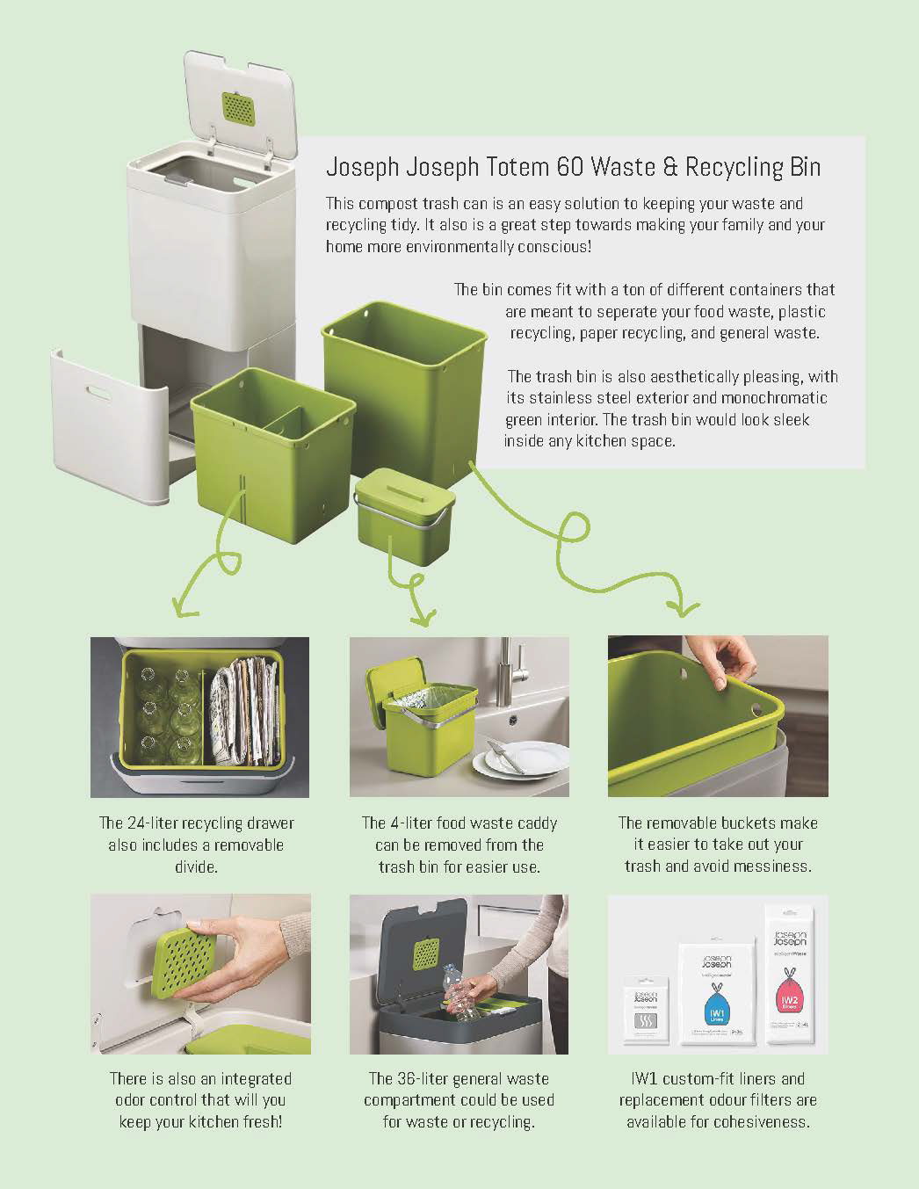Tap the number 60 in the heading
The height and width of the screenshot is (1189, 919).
click(570, 167)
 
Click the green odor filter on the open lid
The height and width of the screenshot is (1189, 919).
click(238, 108)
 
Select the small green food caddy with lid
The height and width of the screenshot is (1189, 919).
click(404, 516)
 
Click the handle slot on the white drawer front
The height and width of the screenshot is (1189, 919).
click(98, 393)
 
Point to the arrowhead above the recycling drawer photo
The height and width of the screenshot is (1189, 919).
click(185, 606)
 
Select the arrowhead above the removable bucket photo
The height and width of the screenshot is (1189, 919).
click(683, 608)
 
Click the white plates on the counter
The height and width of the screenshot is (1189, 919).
click(519, 759)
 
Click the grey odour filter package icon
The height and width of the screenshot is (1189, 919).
click(646, 1020)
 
